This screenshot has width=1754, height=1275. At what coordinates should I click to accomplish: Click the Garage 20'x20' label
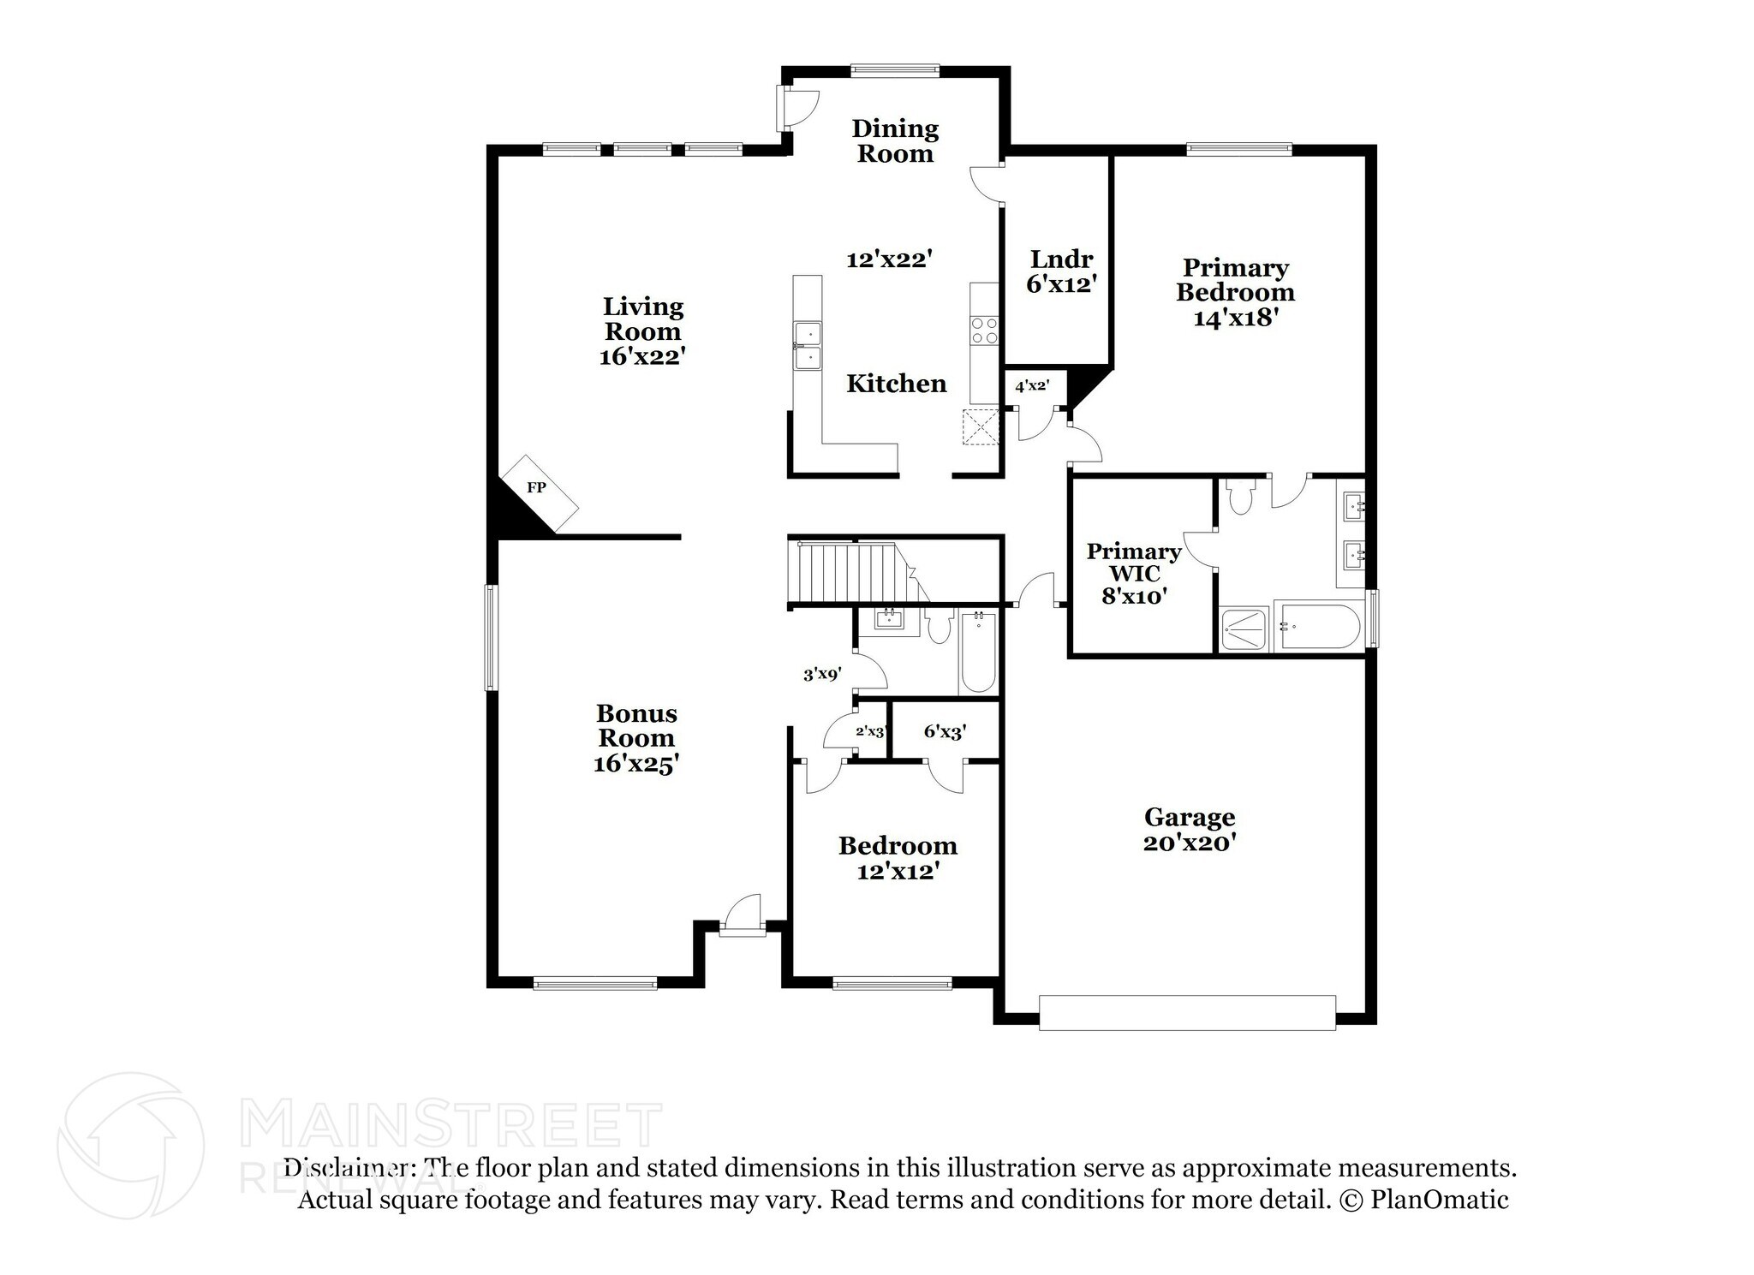pyautogui.click(x=1190, y=830)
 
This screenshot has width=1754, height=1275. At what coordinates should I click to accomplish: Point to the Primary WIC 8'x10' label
pyautogui.click(x=1134, y=574)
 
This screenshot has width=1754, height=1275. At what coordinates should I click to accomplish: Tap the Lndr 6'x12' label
pyautogui.click(x=1061, y=271)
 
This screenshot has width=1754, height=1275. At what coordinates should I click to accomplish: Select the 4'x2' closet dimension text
pyautogui.click(x=1032, y=386)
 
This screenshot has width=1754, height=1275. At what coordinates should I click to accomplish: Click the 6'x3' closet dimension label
pyautogui.click(x=945, y=732)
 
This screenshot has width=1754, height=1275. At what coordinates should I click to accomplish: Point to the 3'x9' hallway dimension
pyautogui.click(x=822, y=675)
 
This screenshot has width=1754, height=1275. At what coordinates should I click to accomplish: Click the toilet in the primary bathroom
pyautogui.click(x=1239, y=497)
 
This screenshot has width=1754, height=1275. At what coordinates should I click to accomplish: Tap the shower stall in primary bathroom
pyautogui.click(x=1244, y=630)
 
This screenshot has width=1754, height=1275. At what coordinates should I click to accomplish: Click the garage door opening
pyautogui.click(x=1187, y=1012)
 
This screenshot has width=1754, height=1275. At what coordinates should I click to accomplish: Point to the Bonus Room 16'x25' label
pyautogui.click(x=636, y=738)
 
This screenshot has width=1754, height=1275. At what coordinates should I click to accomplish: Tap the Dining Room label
pyautogui.click(x=895, y=141)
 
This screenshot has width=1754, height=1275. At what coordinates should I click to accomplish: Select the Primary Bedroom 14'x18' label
pyautogui.click(x=1235, y=293)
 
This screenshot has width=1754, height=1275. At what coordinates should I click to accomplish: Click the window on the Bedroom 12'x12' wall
pyautogui.click(x=892, y=984)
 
